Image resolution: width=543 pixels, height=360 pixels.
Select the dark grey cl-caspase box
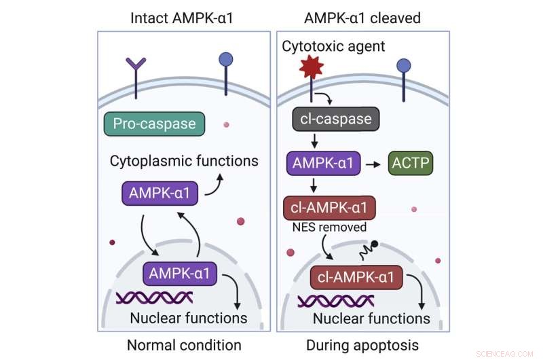tap(336, 120)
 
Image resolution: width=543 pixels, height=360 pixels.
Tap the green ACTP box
tap(410, 164)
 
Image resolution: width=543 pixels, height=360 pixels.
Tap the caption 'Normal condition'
tap(183, 345)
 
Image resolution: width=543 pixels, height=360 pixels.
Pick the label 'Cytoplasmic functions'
tap(184, 161)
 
